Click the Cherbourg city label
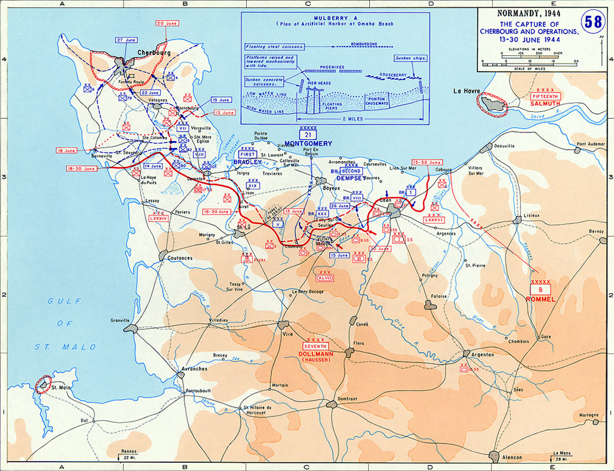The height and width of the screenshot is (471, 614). (x=153, y=52)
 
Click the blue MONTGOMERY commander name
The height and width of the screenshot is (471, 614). (x=308, y=143)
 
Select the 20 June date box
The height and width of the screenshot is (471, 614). (x=167, y=23)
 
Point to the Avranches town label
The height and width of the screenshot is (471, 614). (x=195, y=369)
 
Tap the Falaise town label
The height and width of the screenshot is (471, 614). (x=438, y=296)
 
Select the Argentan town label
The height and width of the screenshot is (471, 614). (x=482, y=355)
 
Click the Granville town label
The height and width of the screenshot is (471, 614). (x=120, y=320)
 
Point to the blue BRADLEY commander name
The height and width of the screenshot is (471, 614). (x=247, y=162)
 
